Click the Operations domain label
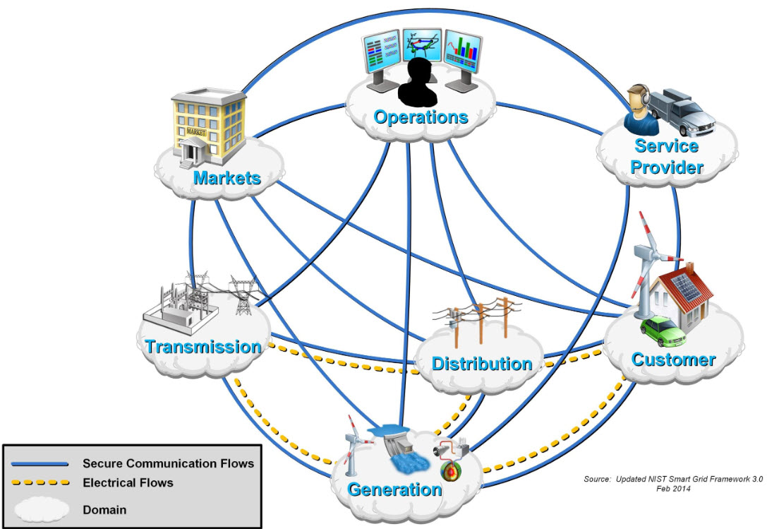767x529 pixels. click(421, 117)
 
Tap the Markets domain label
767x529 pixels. click(227, 177)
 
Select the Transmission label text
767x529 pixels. click(203, 347)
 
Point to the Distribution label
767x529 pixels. click(482, 364)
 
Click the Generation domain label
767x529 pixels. click(394, 489)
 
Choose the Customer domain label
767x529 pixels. click(673, 359)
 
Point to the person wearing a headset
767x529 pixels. click(639, 109)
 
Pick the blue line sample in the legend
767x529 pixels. click(41, 463)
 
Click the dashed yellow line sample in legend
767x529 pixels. click(41, 483)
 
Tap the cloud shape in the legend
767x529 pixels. click(41, 509)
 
